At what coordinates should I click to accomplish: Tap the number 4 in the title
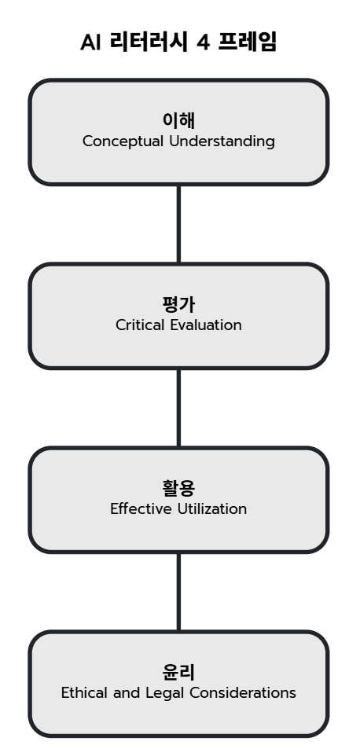pyautogui.click(x=204, y=42)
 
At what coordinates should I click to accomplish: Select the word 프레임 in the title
pyautogui.click(x=248, y=42)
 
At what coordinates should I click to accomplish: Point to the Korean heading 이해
pyautogui.click(x=178, y=120)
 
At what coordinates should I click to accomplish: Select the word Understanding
pyautogui.click(x=222, y=141)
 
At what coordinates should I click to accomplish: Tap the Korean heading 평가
pyautogui.click(x=178, y=304)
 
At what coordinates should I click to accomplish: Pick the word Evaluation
pyautogui.click(x=206, y=325)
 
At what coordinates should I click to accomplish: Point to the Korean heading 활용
pyautogui.click(x=178, y=488)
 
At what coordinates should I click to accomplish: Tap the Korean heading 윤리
pyautogui.click(x=178, y=672)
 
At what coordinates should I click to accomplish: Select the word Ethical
pyautogui.click(x=85, y=693)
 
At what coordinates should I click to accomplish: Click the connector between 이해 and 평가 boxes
pyautogui.click(x=178, y=224)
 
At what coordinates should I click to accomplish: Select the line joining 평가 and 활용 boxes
pyautogui.click(x=178, y=408)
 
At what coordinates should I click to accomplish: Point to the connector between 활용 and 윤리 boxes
pyautogui.click(x=178, y=592)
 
